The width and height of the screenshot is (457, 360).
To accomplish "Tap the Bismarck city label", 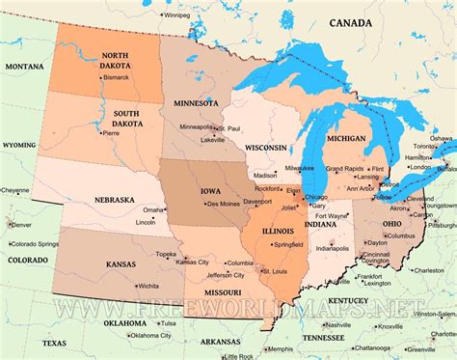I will click(117, 75).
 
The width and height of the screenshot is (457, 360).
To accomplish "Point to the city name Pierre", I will click(112, 133).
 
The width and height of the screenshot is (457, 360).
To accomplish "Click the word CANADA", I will click(351, 22).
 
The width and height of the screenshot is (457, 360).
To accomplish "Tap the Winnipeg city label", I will click(176, 15).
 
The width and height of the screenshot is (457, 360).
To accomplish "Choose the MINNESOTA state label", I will click(197, 102).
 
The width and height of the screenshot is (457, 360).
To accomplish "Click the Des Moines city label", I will click(224, 204).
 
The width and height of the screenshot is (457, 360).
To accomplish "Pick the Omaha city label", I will click(153, 209).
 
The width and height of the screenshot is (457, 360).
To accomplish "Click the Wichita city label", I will click(148, 286).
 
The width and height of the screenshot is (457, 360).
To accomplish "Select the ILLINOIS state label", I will click(280, 231).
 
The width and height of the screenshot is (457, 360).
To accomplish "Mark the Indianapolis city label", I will click(333, 248).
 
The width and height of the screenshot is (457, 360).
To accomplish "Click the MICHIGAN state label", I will click(346, 138).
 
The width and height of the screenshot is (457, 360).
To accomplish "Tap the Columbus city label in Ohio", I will click(400, 235).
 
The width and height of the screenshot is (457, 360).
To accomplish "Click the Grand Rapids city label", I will click(344, 168).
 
